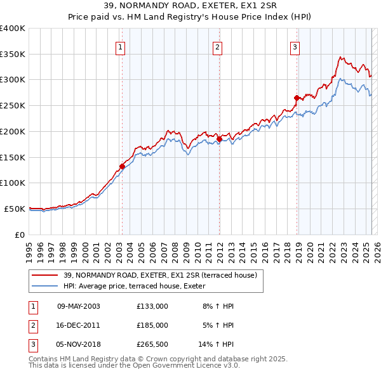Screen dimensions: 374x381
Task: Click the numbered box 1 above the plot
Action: click(120, 46)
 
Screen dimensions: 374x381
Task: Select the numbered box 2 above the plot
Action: click(218, 46)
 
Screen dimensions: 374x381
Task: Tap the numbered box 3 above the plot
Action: click(295, 46)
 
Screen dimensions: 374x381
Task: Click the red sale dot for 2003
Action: click(122, 166)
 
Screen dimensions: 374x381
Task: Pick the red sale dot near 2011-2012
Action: click(219, 139)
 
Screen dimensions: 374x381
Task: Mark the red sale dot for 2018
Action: click(297, 98)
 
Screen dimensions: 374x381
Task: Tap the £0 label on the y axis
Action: click(20, 235)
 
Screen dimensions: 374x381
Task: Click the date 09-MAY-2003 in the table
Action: click(79, 306)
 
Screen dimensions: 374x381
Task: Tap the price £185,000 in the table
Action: click(152, 325)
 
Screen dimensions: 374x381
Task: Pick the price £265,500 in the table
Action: click(152, 344)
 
